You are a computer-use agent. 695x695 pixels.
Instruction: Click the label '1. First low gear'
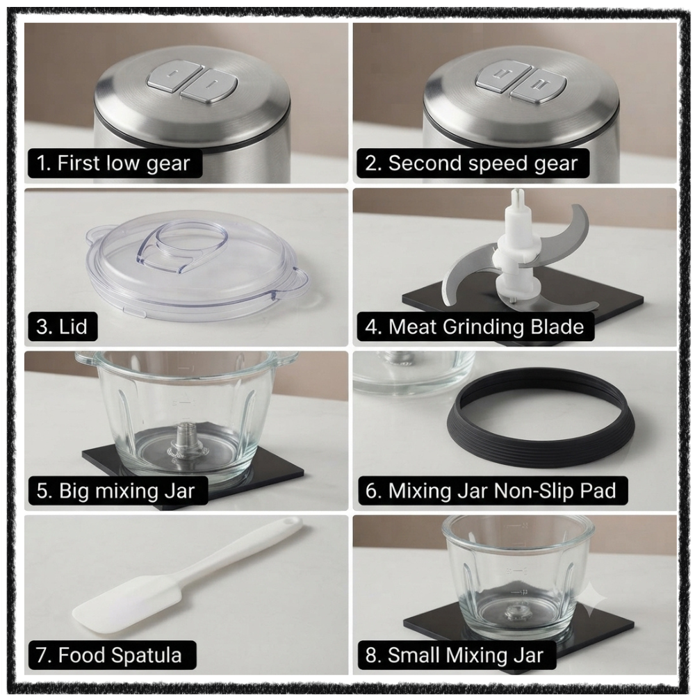pos(113,163)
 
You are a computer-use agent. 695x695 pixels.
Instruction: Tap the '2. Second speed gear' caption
pos(471,163)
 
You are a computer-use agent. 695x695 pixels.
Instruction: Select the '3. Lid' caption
pos(62,327)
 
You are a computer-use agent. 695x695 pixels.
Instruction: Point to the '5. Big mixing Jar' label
pos(115,491)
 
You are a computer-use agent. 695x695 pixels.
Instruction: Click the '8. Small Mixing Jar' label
pos(455,655)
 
